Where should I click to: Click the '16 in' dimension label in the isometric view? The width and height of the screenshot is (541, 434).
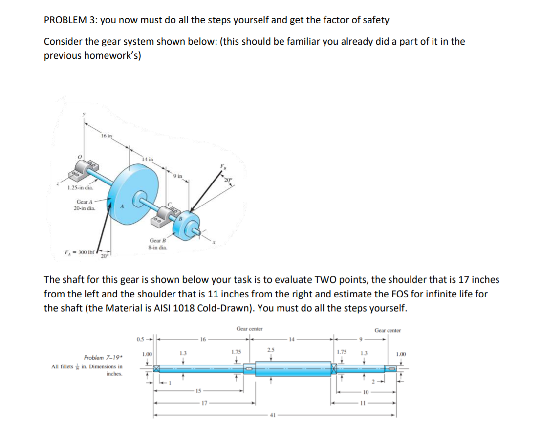coord(107,136)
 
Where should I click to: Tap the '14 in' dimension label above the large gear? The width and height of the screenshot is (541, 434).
coord(148,159)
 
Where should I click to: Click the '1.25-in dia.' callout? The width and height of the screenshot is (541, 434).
coord(81,187)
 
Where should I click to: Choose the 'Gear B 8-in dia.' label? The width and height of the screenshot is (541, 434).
coord(157,244)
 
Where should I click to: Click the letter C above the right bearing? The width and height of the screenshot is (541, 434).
coord(170,204)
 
